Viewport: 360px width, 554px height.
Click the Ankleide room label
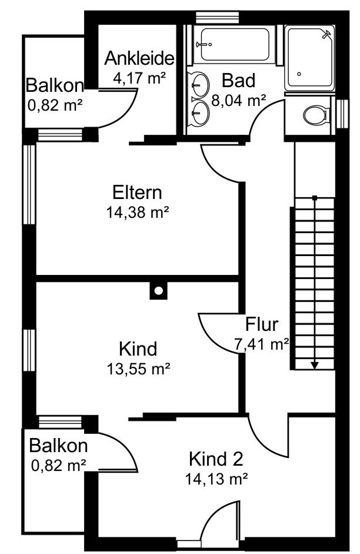[x=139, y=58]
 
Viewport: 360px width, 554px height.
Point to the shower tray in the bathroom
[x=309, y=57]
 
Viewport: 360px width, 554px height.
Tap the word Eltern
[x=137, y=193]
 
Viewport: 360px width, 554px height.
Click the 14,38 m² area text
[x=137, y=213]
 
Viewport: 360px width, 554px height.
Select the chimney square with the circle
[x=158, y=290]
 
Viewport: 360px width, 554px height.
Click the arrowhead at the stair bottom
[x=315, y=366]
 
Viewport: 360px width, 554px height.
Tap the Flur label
[x=262, y=324]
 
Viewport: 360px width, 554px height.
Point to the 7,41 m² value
[x=262, y=344]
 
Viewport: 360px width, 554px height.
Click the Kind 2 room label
[x=216, y=459]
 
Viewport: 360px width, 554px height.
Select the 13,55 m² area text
[x=138, y=369]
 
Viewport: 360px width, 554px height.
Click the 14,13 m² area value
[x=216, y=479]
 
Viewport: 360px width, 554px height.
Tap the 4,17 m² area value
[x=139, y=78]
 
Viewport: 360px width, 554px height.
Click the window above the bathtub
[x=218, y=18]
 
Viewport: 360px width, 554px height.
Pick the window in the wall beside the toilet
[x=342, y=114]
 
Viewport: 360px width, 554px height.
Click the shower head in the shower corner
[x=327, y=34]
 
